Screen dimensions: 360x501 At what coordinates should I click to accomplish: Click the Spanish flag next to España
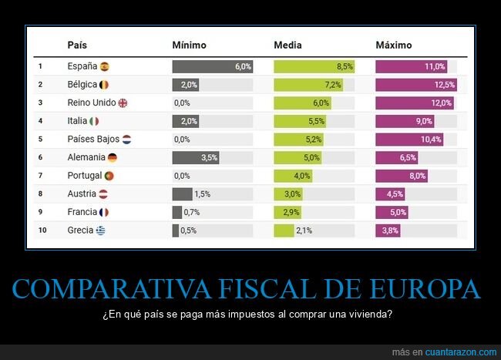pos(105,66)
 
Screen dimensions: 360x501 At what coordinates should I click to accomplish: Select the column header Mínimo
pos(189,45)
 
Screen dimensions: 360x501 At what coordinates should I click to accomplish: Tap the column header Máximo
pos(394,45)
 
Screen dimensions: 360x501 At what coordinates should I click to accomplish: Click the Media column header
pos(287,45)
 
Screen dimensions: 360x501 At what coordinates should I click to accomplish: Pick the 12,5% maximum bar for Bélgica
pos(416,85)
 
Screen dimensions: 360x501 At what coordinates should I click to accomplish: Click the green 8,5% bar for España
pos(314,66)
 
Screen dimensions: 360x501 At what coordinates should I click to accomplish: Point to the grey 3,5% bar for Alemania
pos(196,157)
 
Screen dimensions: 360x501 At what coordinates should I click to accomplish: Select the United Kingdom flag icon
pos(122,103)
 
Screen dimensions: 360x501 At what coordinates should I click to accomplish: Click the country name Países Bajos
pos(92,140)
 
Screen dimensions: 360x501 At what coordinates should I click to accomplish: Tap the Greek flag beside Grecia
pos(101,230)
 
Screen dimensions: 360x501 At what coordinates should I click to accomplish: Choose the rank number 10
pos(42,230)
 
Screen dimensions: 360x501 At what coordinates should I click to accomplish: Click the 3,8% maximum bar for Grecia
pos(388,230)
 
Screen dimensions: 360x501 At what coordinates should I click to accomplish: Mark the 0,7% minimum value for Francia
pos(192,212)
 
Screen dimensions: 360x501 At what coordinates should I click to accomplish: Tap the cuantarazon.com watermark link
pos(455,352)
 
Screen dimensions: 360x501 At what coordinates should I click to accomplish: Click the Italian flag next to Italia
pos(94,121)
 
